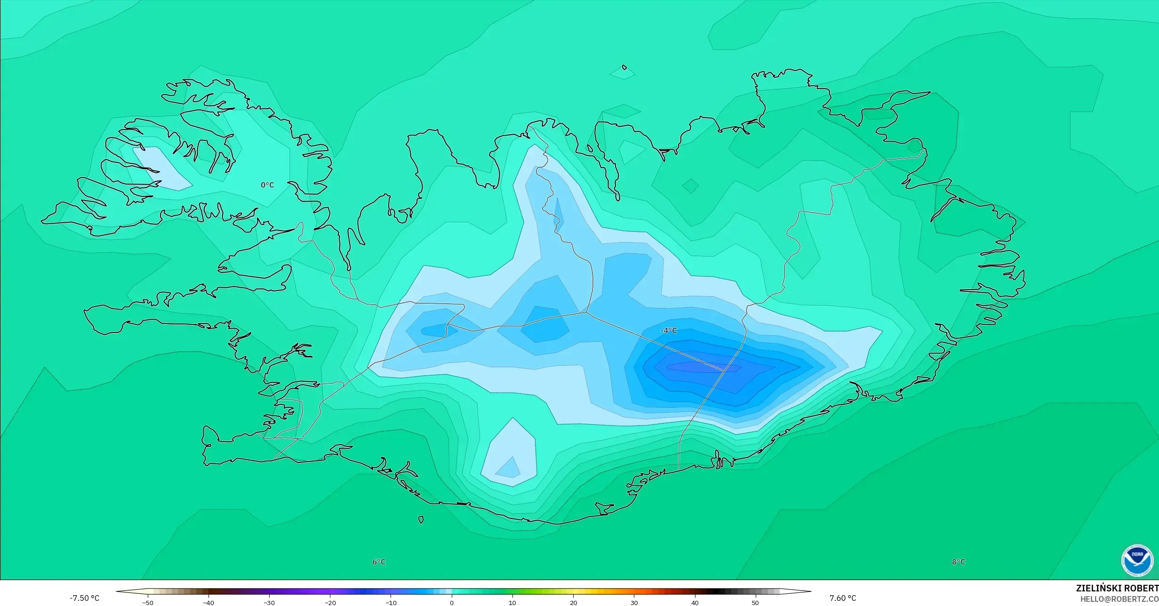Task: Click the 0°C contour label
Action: (x=267, y=185)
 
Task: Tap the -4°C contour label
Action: (x=669, y=331)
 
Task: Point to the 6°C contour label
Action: (x=379, y=562)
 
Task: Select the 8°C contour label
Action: (x=959, y=562)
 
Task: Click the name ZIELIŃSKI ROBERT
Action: (x=1117, y=588)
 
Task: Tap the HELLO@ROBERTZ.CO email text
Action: (x=1119, y=599)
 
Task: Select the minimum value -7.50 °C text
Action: (x=85, y=598)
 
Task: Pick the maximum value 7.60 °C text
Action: (x=843, y=598)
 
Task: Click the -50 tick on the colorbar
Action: (x=148, y=602)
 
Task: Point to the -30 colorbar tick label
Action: (x=269, y=602)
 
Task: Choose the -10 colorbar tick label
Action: (x=391, y=602)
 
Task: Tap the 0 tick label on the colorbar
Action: (x=452, y=602)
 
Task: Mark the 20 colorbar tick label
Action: (x=573, y=602)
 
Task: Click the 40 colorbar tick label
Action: (x=695, y=602)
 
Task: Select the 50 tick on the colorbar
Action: (x=755, y=602)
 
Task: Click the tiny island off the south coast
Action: (x=421, y=520)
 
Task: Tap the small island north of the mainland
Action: (x=624, y=67)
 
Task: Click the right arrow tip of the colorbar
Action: (x=810, y=591)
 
